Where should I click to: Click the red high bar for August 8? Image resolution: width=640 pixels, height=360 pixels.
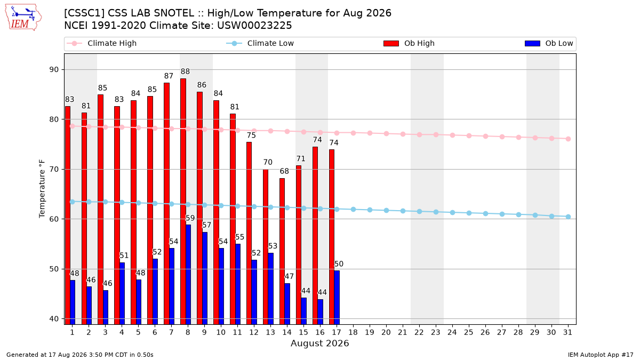[183, 202]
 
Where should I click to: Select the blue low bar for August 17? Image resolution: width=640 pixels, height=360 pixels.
[337, 298]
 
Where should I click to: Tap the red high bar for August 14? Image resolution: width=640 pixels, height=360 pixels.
[282, 251]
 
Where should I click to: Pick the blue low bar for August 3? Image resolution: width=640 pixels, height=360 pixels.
[106, 307]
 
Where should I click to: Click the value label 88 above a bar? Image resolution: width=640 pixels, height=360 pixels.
[185, 71]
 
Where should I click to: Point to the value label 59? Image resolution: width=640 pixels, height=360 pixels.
[190, 218]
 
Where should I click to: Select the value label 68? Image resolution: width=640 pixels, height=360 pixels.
[284, 171]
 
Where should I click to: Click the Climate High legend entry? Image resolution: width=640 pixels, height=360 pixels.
[102, 43]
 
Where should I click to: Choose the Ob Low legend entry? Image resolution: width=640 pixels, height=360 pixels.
[549, 43]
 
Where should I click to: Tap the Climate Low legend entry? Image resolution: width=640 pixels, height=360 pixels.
[260, 43]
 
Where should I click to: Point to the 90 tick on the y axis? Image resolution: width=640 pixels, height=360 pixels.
[54, 70]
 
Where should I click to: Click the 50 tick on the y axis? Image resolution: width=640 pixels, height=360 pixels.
[54, 269]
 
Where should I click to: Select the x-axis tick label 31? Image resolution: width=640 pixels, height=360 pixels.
[567, 332]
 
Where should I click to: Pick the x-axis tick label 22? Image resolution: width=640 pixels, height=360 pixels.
[419, 332]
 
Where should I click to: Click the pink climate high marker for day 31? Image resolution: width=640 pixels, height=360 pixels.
[569, 139]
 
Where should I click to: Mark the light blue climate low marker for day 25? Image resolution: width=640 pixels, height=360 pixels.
[469, 213]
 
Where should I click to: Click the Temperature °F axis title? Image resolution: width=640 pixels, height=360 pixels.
[42, 189]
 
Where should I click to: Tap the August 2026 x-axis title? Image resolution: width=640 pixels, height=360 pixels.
[319, 343]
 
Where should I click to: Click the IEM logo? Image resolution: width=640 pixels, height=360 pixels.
[23, 18]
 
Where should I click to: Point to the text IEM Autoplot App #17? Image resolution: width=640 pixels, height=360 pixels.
[601, 355]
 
